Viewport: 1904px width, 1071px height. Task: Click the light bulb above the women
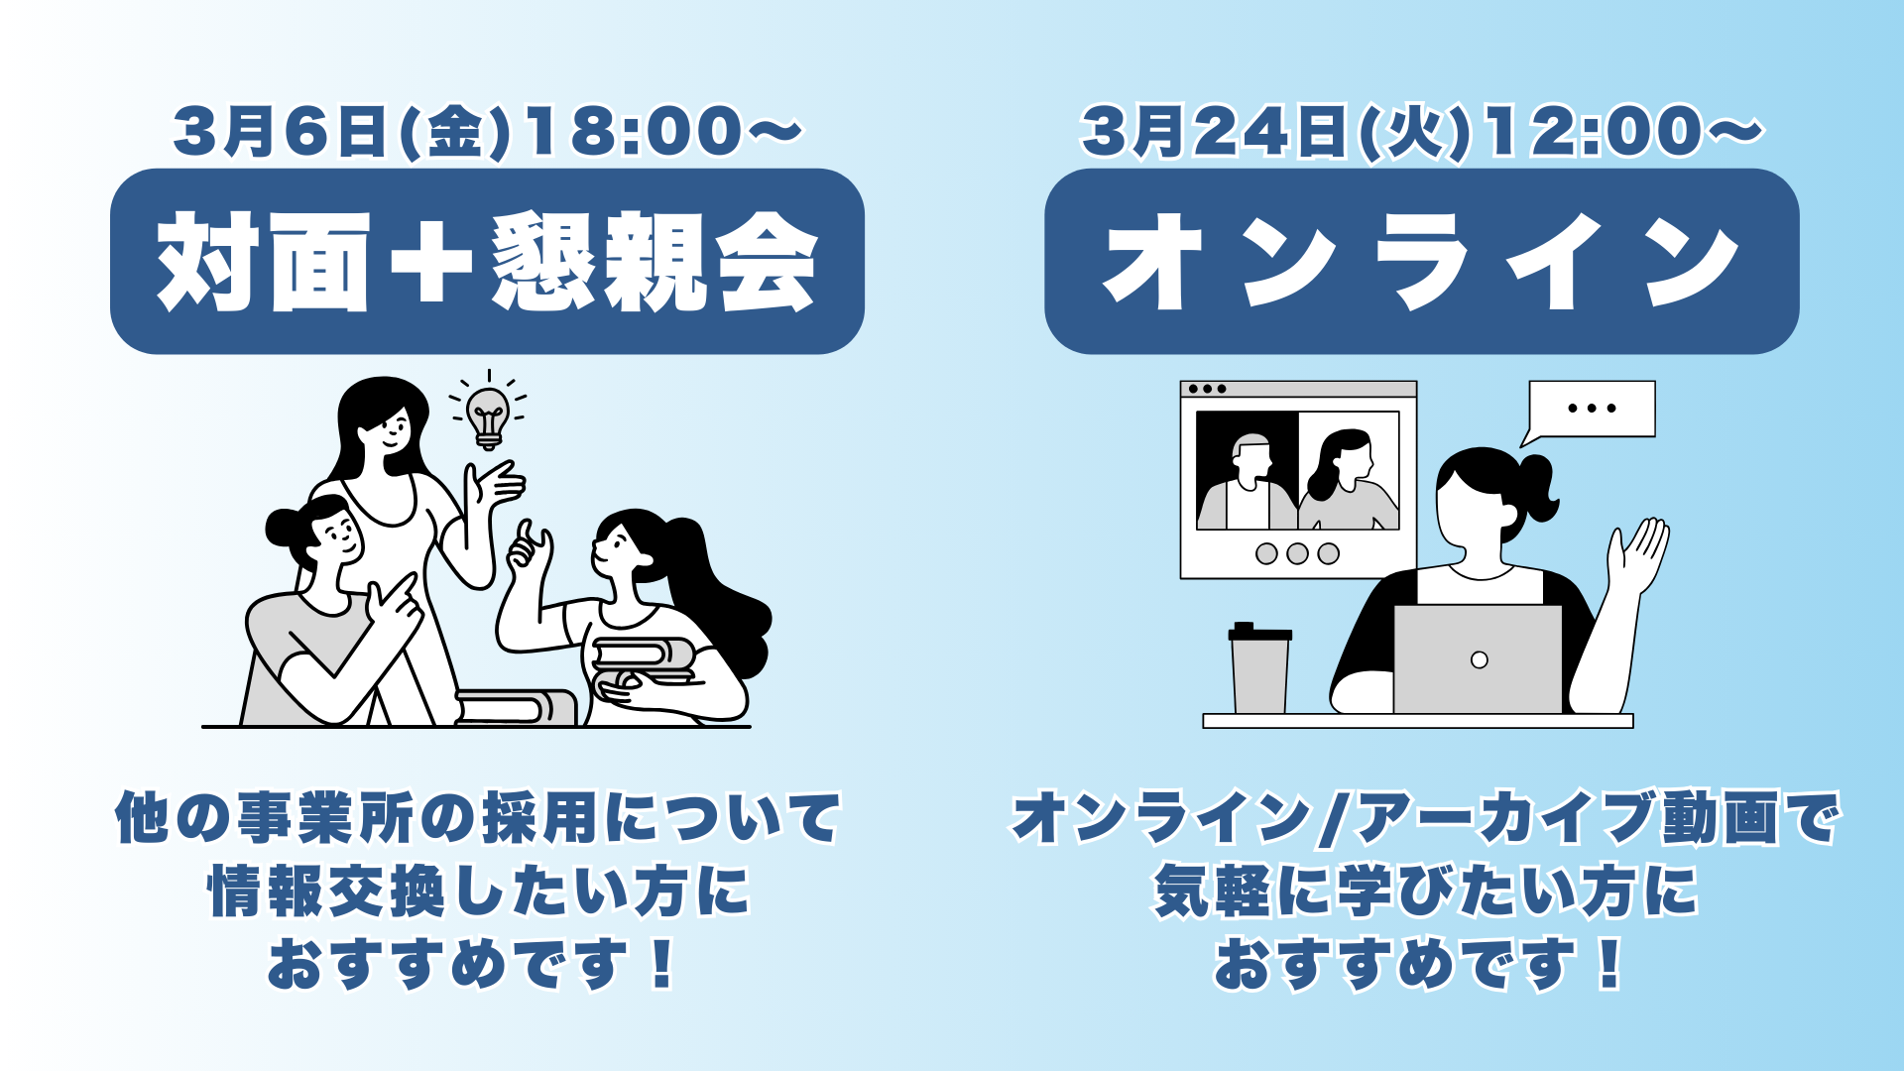tap(488, 416)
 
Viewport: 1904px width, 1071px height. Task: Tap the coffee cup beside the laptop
tap(1259, 668)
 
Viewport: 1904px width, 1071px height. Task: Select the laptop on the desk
tap(1478, 658)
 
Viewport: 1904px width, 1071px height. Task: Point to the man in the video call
tap(1248, 481)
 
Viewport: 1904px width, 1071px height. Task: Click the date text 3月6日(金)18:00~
tap(487, 132)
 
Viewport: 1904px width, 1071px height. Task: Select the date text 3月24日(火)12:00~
tap(1422, 132)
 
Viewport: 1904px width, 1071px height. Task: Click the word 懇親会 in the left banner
tap(654, 262)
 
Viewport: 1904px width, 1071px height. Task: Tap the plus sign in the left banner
tap(431, 261)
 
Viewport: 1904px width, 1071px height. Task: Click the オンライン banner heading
tap(1422, 262)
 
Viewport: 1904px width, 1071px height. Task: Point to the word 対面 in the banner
tap(264, 262)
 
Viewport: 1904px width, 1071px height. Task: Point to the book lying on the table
tap(516, 707)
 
